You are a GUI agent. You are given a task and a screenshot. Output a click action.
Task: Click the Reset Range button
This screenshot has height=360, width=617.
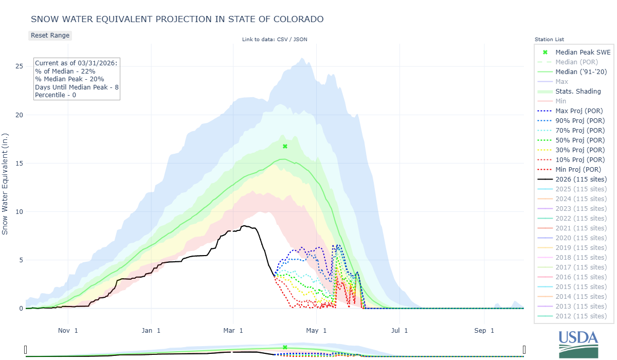point(50,35)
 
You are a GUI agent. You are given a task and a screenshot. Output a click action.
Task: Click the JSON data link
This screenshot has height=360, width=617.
point(300,39)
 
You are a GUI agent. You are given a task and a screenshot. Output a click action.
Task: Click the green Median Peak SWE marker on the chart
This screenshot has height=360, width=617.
point(285,147)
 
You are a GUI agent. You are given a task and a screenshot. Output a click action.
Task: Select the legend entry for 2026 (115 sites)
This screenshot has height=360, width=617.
point(581,179)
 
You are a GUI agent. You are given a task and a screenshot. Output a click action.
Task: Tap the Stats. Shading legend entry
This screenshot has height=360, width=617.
point(578,92)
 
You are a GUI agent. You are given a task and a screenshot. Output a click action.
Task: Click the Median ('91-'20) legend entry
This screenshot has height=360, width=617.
point(581,72)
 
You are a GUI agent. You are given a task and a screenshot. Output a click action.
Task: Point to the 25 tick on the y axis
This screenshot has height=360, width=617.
point(19,66)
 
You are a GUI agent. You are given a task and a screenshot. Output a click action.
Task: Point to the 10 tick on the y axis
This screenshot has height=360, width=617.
point(19,212)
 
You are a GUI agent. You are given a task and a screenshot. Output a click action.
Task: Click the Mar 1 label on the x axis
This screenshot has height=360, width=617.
point(233,330)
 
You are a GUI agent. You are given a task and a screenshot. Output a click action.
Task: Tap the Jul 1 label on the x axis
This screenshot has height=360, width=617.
point(399,330)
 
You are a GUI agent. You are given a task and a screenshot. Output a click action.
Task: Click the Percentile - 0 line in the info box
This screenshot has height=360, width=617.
point(56,95)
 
